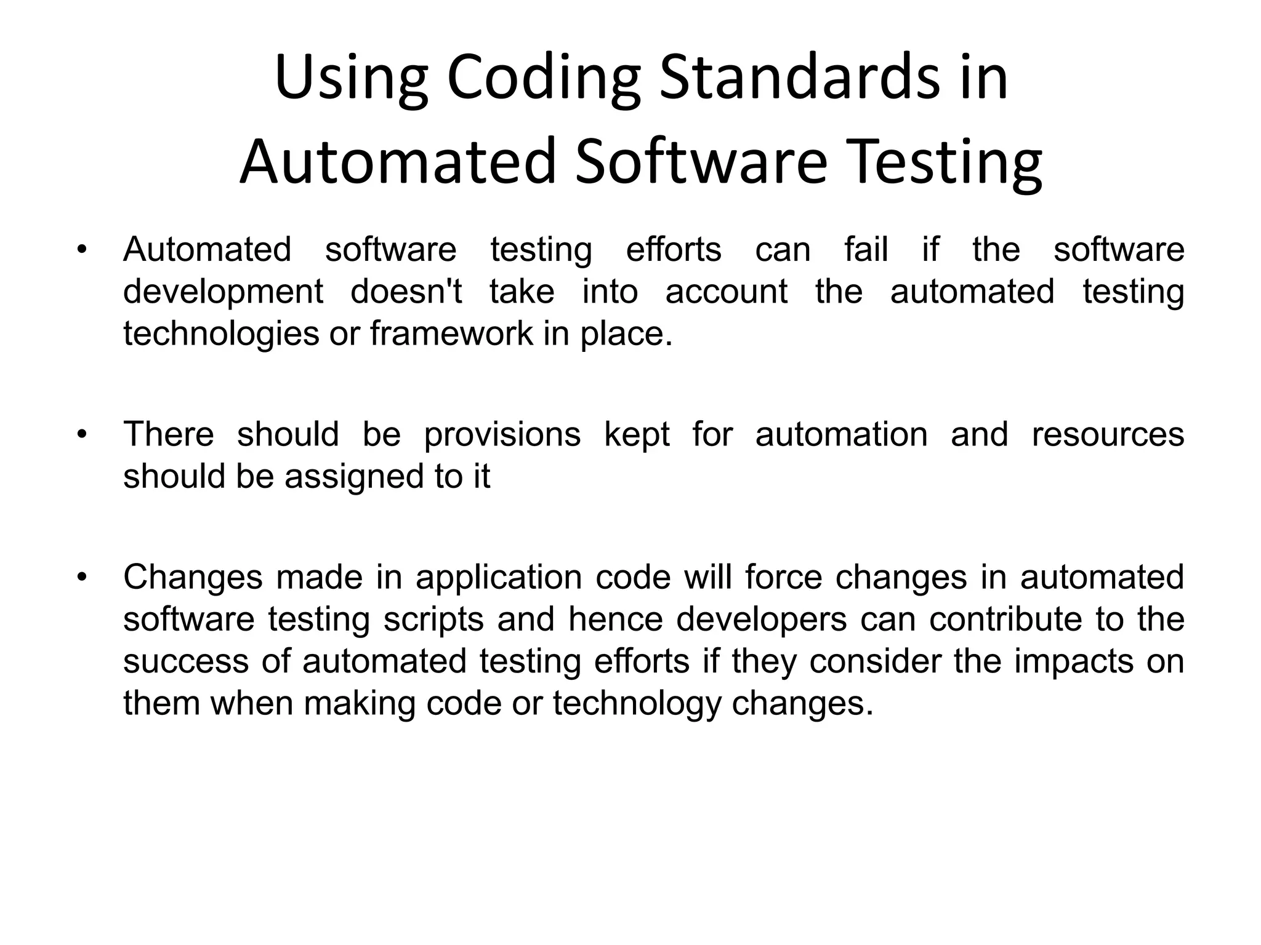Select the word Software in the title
(701, 161)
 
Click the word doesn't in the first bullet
(406, 291)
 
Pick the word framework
(452, 333)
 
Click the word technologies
(221, 334)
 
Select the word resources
(1108, 434)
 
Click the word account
(726, 291)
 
